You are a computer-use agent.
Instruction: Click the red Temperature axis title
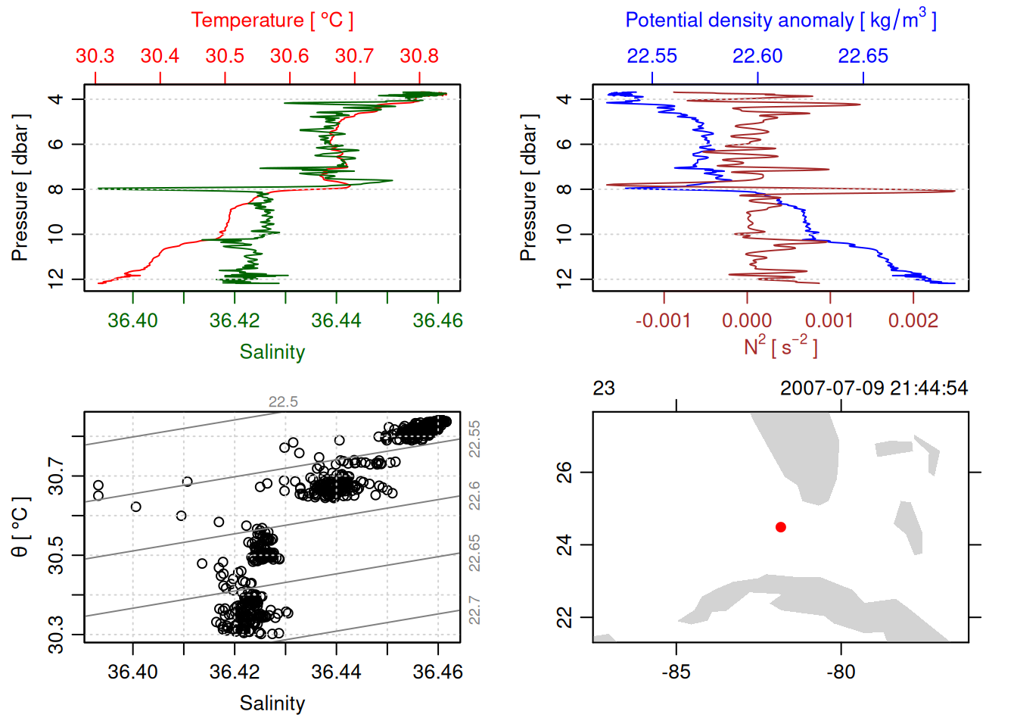pyautogui.click(x=272, y=20)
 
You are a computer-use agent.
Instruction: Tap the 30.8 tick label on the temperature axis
pyautogui.click(x=419, y=56)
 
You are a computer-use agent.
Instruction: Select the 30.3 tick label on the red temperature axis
pyautogui.click(x=95, y=56)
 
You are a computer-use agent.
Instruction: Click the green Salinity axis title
pyautogui.click(x=272, y=352)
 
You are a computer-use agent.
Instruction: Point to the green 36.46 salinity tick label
pyautogui.click(x=437, y=320)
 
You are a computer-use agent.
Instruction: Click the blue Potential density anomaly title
pyautogui.click(x=780, y=20)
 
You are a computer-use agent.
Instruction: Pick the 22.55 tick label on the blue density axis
pyautogui.click(x=652, y=56)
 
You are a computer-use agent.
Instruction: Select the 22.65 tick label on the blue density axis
pyautogui.click(x=863, y=56)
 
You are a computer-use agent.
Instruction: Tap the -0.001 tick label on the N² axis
pyautogui.click(x=663, y=320)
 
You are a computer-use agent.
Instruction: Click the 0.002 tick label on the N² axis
pyautogui.click(x=913, y=320)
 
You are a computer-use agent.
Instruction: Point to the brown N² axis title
pyautogui.click(x=780, y=346)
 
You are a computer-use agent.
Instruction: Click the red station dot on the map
pyautogui.click(x=781, y=527)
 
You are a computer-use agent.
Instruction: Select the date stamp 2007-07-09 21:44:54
pyautogui.click(x=873, y=388)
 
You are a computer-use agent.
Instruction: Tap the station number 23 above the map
pyautogui.click(x=604, y=388)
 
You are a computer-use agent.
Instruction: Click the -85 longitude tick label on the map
pyautogui.click(x=676, y=672)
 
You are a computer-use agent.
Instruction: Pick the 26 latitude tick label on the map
pyautogui.click(x=564, y=473)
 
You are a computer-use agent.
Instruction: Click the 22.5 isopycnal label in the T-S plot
pyautogui.click(x=283, y=402)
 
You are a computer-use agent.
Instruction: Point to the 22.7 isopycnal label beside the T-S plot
pyautogui.click(x=474, y=610)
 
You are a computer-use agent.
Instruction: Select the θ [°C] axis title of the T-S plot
pyautogui.click(x=20, y=527)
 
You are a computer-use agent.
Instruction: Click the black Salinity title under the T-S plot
pyautogui.click(x=272, y=704)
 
